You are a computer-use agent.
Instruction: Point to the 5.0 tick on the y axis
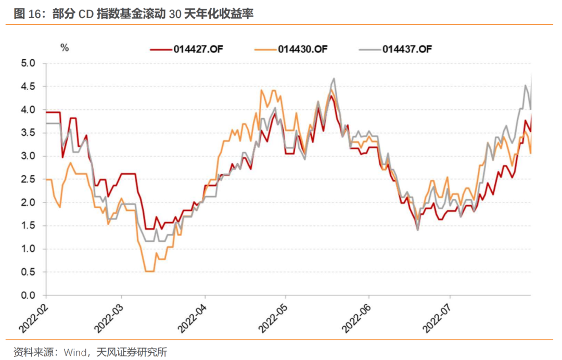point(28,63)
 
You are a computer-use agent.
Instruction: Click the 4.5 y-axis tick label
point(28,87)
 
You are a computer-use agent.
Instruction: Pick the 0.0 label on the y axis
point(28,295)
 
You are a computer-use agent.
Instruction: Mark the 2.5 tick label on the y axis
point(28,179)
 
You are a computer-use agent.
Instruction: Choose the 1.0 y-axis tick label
point(28,249)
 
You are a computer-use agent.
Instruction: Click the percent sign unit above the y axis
point(65,48)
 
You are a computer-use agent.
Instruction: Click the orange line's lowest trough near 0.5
point(149,271)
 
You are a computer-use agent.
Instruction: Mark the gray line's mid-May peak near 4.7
point(333,79)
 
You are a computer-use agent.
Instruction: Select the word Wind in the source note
point(75,352)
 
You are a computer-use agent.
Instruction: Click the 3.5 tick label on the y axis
point(28,133)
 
